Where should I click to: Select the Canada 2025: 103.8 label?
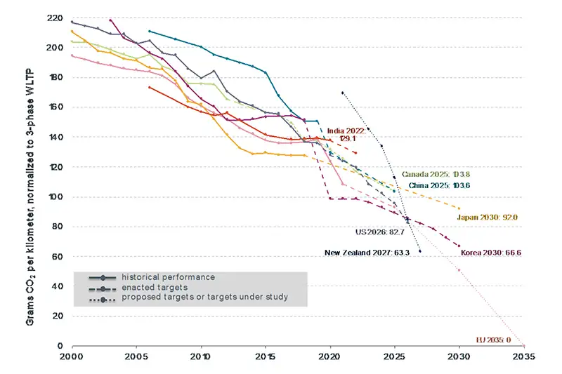pos(430,173)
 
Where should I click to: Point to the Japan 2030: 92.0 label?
pos(488,218)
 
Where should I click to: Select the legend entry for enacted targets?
pos(152,288)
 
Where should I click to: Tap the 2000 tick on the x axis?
pos(72,356)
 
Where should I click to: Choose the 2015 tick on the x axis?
pos(266,356)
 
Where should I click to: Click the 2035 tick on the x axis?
pos(524,356)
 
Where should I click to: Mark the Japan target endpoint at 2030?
pos(459,208)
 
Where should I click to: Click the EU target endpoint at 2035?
pos(524,345)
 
